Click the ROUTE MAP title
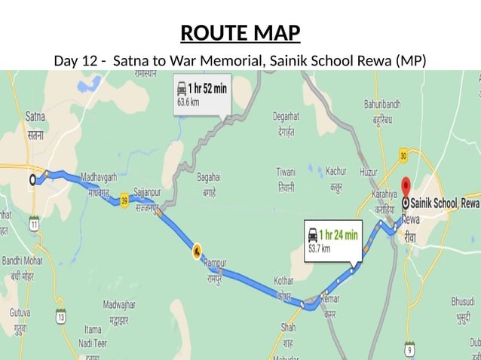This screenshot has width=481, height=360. coord(240,33)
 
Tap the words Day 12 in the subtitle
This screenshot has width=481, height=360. coord(75,59)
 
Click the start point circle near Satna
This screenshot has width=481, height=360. coord(32,180)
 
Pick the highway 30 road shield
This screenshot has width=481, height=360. coord(403,155)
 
